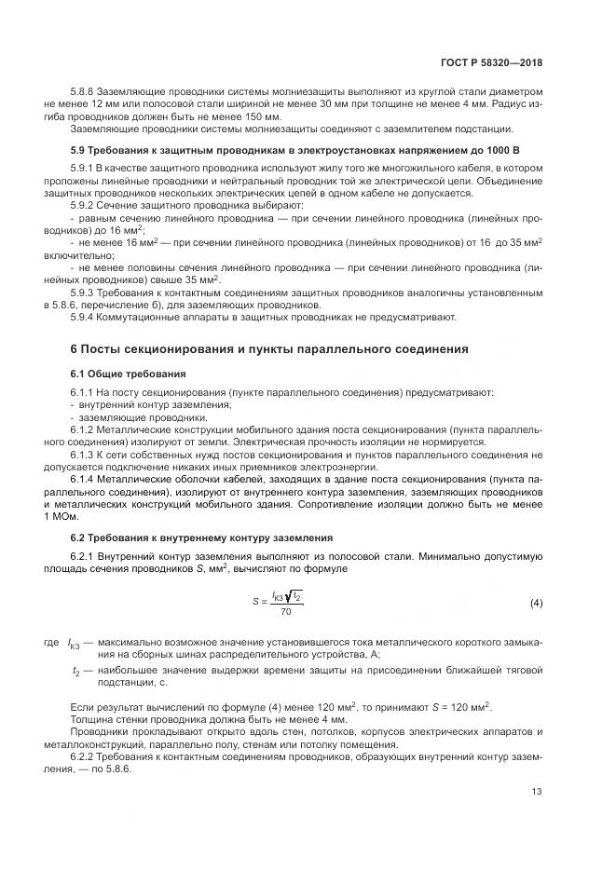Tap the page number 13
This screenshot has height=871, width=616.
(537, 792)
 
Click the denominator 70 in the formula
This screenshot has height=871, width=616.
(285, 612)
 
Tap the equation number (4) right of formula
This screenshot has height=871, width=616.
(536, 603)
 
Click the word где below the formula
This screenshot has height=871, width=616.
(50, 643)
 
